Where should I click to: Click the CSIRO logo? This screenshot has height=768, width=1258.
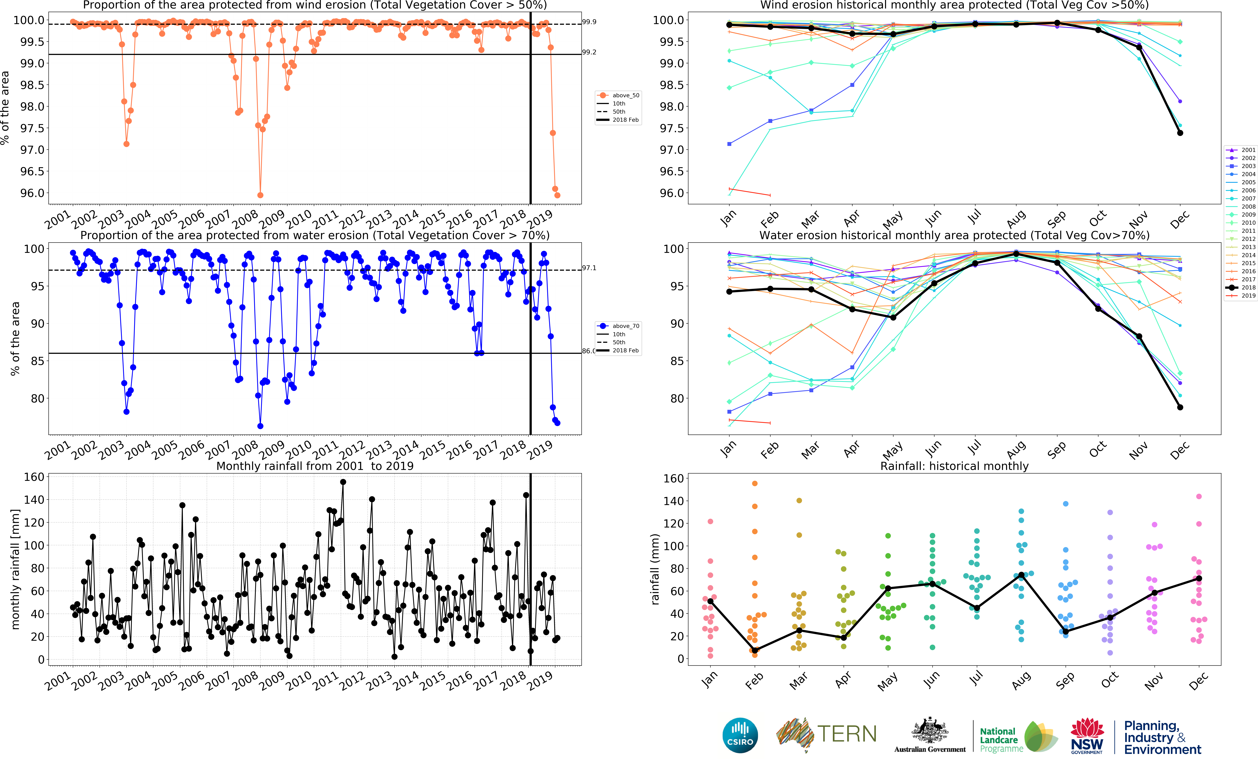(740, 735)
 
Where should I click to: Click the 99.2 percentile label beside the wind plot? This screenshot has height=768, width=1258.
(589, 52)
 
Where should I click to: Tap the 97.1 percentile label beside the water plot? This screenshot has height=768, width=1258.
(589, 268)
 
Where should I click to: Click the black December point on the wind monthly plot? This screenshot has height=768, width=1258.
(1180, 133)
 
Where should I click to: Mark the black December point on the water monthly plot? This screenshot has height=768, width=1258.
(1180, 407)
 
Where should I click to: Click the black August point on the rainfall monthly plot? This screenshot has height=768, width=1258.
(1021, 575)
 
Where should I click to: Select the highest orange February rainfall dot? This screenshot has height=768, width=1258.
(755, 483)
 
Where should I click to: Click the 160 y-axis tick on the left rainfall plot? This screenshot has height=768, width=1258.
(34, 477)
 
